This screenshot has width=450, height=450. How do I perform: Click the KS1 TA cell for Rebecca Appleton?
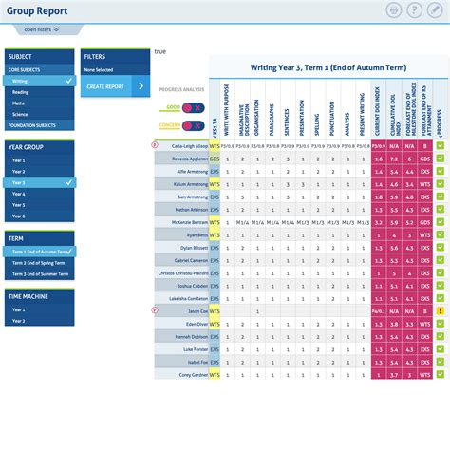click(215, 159)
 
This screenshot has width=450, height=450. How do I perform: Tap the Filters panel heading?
click(95, 57)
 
